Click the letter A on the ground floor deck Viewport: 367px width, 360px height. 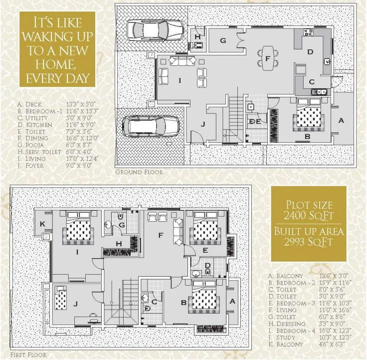pyautogui.click(x=341, y=120)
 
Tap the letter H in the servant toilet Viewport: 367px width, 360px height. pyautogui.click(x=198, y=37)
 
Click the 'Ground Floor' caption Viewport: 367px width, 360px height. pyautogui.click(x=139, y=172)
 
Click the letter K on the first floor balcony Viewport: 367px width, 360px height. pyautogui.click(x=43, y=223)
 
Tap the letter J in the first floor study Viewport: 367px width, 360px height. pyautogui.click(x=75, y=304)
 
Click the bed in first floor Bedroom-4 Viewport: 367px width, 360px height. pyautogui.click(x=79, y=229)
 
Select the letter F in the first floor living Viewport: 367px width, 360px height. pyautogui.click(x=161, y=235)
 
